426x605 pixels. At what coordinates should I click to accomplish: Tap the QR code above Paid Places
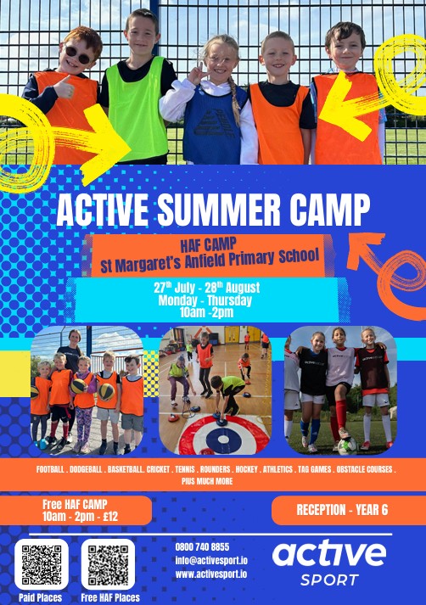[42, 564]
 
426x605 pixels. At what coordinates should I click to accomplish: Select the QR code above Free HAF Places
[108, 564]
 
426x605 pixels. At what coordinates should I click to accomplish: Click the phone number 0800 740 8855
[202, 546]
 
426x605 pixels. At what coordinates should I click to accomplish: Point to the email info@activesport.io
[211, 560]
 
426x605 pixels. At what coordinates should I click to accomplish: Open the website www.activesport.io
[211, 574]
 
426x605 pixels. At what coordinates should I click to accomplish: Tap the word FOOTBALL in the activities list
[50, 469]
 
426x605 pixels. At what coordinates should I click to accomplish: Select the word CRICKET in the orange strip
[158, 469]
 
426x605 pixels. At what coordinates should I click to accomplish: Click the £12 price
[110, 516]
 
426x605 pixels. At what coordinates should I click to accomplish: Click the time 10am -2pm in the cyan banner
[207, 312]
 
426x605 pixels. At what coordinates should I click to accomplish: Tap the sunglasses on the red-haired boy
[78, 55]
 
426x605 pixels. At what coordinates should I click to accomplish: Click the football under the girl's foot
[347, 446]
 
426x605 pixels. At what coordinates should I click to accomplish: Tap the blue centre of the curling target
[223, 439]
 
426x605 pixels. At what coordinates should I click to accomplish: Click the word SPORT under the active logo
[329, 580]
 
